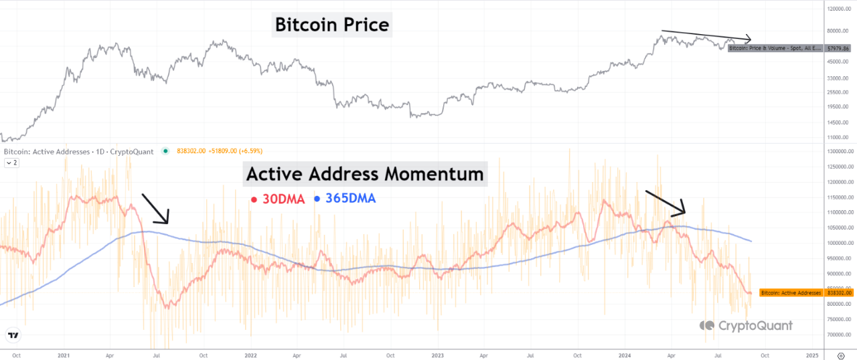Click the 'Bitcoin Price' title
(x=332, y=25)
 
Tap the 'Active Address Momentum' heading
(x=365, y=174)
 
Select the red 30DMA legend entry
(x=276, y=199)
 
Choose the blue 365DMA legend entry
(x=345, y=199)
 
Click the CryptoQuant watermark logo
(x=746, y=326)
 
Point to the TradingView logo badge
(x=12, y=335)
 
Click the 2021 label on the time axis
(x=64, y=356)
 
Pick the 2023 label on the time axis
(x=437, y=356)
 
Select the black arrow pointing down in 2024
(x=666, y=203)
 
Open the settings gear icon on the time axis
(x=841, y=356)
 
